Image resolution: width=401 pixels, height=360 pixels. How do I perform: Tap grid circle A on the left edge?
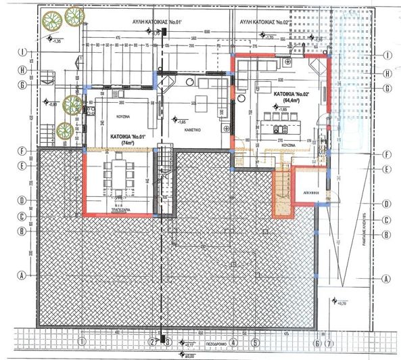pos(23,276)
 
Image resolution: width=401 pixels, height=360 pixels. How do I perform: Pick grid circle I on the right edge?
pos(387,55)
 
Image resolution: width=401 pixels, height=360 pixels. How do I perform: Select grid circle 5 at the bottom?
pos(255,341)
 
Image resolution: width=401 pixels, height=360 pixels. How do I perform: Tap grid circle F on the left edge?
pos(23,152)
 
